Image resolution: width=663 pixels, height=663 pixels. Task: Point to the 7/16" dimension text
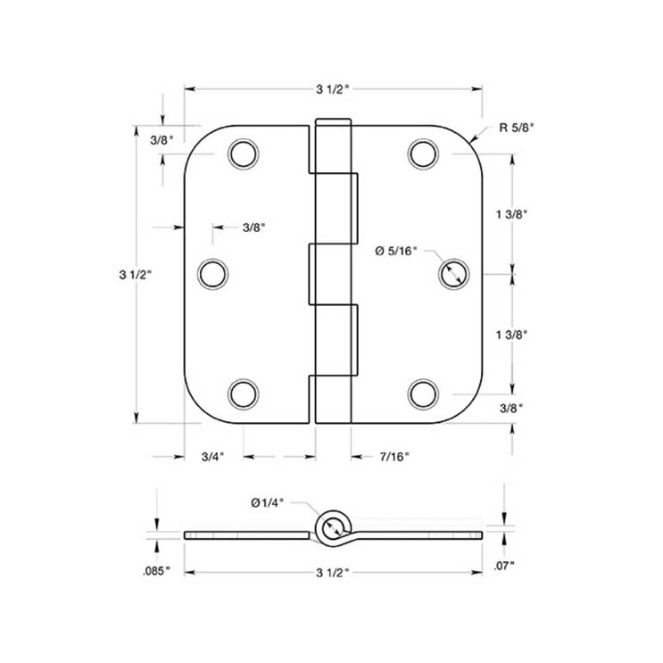(x=394, y=457)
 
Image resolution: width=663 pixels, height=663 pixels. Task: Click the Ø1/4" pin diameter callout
(x=268, y=503)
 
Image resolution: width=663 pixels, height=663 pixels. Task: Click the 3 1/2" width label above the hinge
(x=332, y=88)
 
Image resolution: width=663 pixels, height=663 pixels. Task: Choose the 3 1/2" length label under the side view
(x=332, y=571)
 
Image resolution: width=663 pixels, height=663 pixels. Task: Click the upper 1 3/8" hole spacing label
(x=512, y=213)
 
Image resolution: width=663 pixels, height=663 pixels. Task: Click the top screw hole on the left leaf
(x=242, y=154)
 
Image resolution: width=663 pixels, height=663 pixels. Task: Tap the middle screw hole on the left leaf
(x=212, y=273)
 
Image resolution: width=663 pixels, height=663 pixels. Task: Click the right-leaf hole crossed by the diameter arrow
(x=453, y=273)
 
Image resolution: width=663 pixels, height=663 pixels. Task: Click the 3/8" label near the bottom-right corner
(x=512, y=408)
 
